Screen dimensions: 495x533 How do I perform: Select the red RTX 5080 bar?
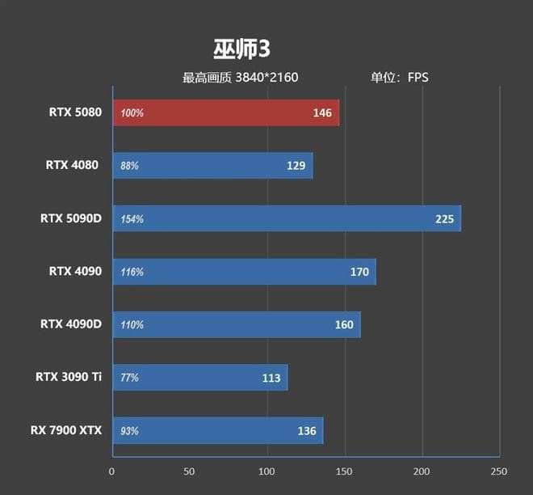226,113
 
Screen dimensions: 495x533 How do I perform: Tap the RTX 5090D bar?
287,218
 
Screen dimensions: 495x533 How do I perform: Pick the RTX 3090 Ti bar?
199,378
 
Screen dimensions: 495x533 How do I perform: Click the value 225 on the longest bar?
445,218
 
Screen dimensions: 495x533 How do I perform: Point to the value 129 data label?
296,166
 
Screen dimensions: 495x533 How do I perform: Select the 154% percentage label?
132,219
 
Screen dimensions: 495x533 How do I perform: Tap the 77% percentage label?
129,378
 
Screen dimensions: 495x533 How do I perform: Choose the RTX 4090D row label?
71,324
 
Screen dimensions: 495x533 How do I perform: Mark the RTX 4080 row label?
72,166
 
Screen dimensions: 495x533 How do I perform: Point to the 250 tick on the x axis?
499,472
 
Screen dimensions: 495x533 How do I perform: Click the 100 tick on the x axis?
267,472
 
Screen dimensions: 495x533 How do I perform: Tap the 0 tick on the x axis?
112,472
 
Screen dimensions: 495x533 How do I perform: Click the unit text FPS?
418,78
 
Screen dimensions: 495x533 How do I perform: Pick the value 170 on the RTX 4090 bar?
359,272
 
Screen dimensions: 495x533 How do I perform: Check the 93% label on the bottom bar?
129,431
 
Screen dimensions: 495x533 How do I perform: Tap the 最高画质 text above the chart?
207,78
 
